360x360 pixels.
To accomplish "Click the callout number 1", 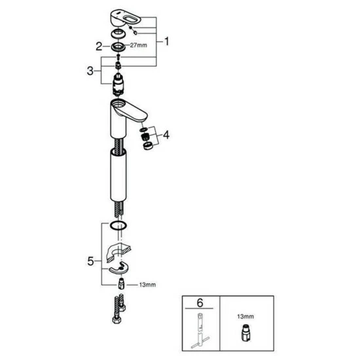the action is pos(166,41).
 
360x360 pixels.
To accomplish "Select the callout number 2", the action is pos(99,46).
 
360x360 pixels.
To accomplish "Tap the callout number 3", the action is pos(90,71).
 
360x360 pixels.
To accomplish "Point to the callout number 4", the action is pos(166,135).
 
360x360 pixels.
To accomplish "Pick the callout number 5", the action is pos(90,261).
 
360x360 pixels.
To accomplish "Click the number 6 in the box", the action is pos(200,303).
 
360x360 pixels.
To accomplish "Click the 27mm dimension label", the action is pos(139,45).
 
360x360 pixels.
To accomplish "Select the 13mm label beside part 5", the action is pos(147,285).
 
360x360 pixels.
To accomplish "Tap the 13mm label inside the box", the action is pos(245,317).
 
